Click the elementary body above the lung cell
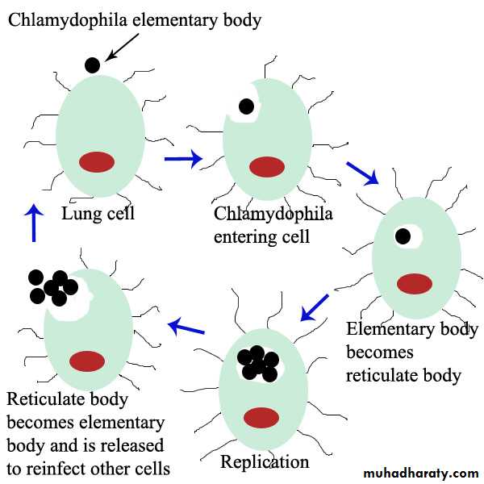(93, 65)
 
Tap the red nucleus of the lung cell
(96, 161)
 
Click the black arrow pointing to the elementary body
(122, 47)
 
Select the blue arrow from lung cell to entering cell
(183, 159)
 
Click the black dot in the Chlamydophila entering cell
(245, 106)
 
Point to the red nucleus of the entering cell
(266, 167)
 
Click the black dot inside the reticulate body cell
(403, 236)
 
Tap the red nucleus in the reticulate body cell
(415, 284)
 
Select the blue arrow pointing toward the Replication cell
(313, 307)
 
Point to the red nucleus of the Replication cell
(261, 417)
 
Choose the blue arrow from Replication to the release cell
(186, 327)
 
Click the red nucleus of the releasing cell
(86, 360)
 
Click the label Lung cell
(98, 215)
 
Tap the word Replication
(265, 462)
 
